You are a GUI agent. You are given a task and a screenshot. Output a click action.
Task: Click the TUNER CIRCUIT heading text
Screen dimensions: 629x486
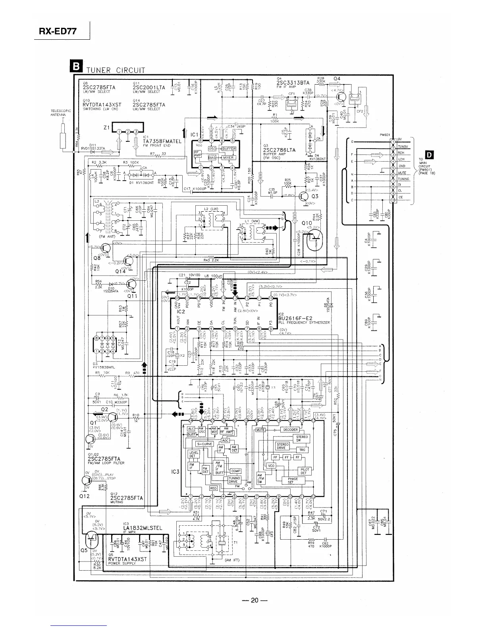[116, 70]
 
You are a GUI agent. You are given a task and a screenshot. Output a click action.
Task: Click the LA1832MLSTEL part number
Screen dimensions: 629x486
[145, 528]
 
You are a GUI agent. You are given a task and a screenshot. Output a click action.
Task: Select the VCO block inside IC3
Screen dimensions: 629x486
[271, 465]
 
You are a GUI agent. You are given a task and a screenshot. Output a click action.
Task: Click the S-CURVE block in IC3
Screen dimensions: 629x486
[204, 444]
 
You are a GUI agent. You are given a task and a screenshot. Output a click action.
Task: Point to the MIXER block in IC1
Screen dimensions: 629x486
[228, 158]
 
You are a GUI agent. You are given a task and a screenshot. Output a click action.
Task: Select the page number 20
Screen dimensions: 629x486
[255, 600]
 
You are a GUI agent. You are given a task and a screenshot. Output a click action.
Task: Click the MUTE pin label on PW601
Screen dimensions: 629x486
[402, 173]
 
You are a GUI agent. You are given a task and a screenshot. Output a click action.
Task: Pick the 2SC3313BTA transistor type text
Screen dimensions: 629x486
[293, 83]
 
